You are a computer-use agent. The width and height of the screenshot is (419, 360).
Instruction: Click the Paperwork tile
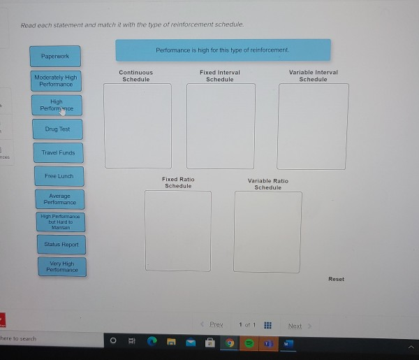pos(55,57)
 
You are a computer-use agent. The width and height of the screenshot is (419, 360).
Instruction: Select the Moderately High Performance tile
pos(56,81)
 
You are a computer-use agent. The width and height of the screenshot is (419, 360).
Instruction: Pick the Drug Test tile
pos(57,129)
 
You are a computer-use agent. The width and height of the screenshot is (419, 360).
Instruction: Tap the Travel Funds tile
pos(58,152)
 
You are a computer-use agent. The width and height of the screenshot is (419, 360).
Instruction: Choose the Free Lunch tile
pos(59,176)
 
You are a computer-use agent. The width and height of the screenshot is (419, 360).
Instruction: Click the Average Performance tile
pos(60,199)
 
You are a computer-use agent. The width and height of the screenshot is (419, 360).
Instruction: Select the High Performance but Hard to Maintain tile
pos(61,222)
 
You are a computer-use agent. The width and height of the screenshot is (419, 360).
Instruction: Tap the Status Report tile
pos(61,245)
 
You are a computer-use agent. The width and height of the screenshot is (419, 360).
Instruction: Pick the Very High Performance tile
pos(62,266)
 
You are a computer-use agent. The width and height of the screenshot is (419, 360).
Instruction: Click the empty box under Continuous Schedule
pos(138,126)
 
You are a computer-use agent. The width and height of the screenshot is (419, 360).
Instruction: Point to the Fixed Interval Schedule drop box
pos(221,127)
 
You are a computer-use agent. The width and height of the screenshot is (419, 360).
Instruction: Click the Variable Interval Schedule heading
pos(313,76)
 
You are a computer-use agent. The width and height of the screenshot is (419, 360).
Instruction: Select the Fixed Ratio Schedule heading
pos(178,182)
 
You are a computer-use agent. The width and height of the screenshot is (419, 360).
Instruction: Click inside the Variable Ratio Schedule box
pos(267,232)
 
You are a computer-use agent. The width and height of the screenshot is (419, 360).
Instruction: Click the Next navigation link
pos(295,326)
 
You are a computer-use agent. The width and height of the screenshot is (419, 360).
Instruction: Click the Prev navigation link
pos(216,324)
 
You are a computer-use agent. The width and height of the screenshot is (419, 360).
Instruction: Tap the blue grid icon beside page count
pos(267,325)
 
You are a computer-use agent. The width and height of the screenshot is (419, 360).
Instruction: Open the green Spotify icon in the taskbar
pos(249,343)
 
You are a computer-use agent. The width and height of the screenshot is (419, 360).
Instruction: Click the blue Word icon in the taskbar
pos(288,344)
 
